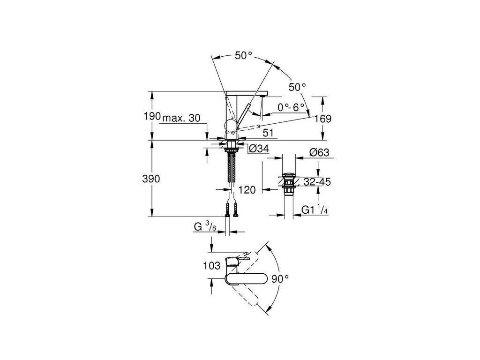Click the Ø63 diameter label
click(x=319, y=152)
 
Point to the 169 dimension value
click(x=323, y=119)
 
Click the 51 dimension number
click(x=268, y=133)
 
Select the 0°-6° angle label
click(x=291, y=107)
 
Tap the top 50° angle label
click(x=243, y=56)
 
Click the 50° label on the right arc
click(x=297, y=87)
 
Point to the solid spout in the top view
click(x=246, y=279)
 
